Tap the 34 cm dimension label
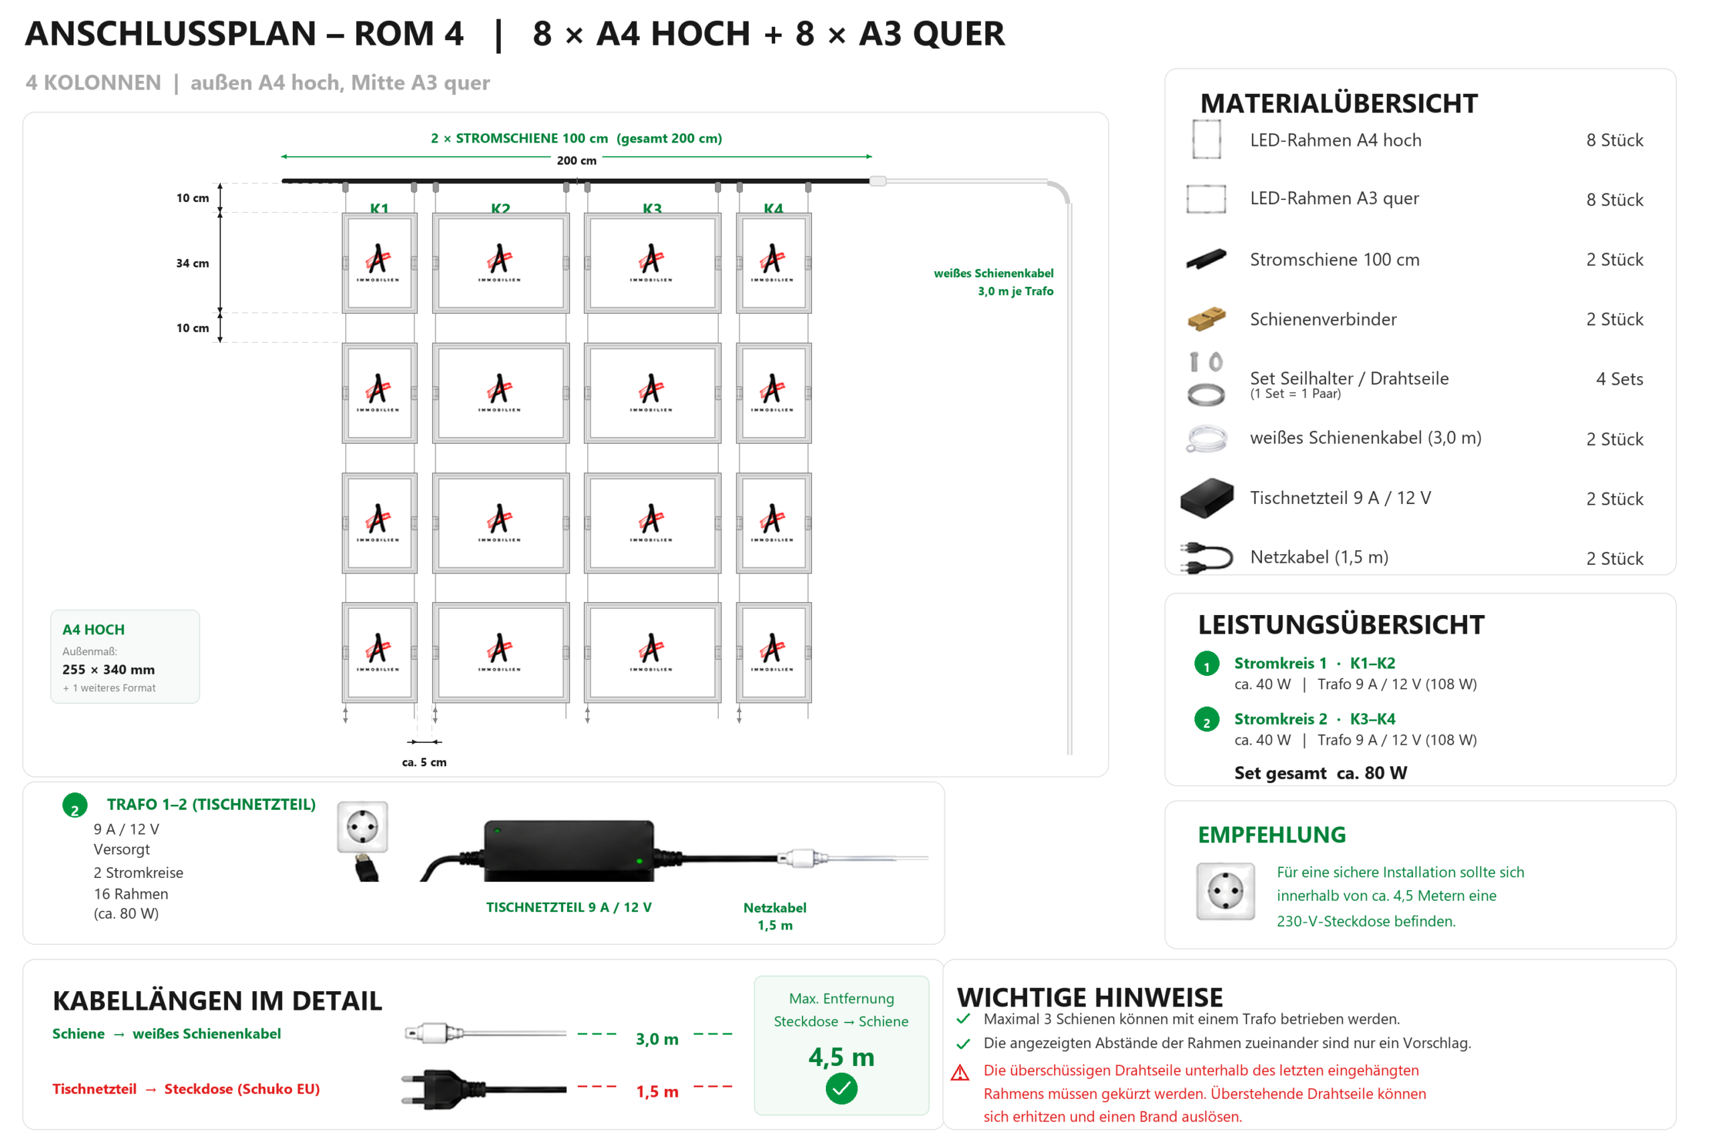193,263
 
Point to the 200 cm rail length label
576,161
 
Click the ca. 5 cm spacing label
424,762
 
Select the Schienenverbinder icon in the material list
1206,319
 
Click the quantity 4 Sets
1619,379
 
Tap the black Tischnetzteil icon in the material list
1206,498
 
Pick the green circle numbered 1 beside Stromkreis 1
1206,664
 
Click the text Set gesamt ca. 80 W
1320,773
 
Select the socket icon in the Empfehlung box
1225,891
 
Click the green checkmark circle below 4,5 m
841,1089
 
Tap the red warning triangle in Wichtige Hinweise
960,1073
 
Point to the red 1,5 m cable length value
657,1091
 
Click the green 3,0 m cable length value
657,1039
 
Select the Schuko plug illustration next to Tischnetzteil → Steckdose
483,1089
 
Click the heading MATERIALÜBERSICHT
1338,104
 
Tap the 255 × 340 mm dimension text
108,669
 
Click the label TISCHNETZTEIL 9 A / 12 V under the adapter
568,907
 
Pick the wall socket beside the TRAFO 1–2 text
362,827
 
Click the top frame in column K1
380,263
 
